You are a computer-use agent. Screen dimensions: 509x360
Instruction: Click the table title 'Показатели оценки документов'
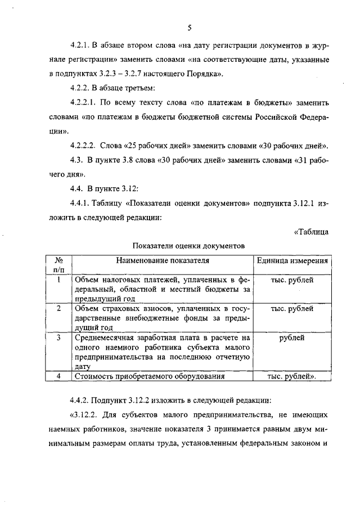point(188,246)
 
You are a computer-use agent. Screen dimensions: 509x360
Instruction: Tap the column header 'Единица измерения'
point(292,261)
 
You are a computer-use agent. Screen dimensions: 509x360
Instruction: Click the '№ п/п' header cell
point(58,265)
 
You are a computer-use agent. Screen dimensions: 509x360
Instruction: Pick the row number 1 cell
point(58,280)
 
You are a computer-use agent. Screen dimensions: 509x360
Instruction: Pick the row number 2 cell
point(58,309)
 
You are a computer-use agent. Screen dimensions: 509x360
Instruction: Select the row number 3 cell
point(58,338)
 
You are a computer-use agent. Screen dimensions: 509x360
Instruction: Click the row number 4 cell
point(58,376)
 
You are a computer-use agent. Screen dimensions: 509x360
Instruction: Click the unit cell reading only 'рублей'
point(292,338)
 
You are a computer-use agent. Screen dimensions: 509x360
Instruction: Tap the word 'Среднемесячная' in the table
point(104,338)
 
